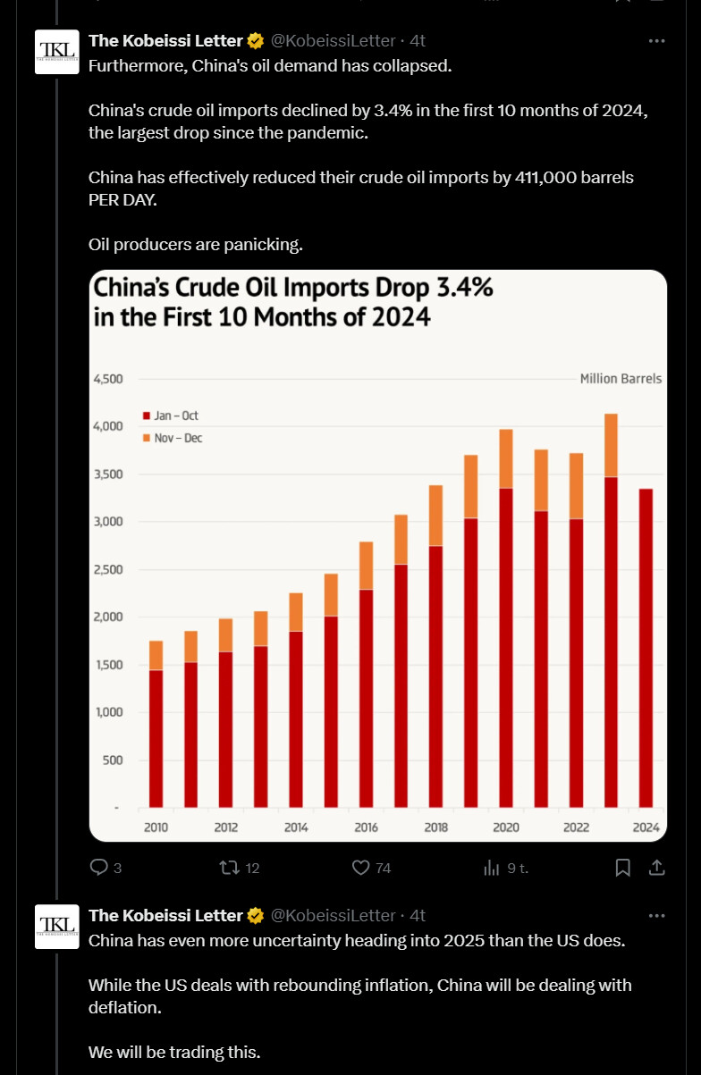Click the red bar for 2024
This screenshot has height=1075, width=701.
pyautogui.click(x=646, y=648)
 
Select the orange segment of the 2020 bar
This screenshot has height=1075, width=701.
pyautogui.click(x=506, y=458)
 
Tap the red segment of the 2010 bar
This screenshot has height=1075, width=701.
pyautogui.click(x=156, y=738)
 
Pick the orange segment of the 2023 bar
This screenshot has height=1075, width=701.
pyautogui.click(x=611, y=445)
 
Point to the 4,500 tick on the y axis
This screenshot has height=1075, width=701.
pyautogui.click(x=107, y=379)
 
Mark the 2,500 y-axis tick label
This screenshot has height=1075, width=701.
pyautogui.click(x=107, y=569)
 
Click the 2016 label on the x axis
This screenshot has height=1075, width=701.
pyautogui.click(x=366, y=827)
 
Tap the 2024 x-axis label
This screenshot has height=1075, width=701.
pyautogui.click(x=646, y=827)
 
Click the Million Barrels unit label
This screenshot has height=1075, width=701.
pyautogui.click(x=621, y=379)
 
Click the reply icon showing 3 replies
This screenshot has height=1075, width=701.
pyautogui.click(x=99, y=867)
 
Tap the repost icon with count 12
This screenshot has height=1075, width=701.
pyautogui.click(x=228, y=867)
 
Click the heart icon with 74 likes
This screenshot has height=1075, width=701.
pyautogui.click(x=361, y=867)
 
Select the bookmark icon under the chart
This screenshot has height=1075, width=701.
pyautogui.click(x=623, y=867)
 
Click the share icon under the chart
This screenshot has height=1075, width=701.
pyautogui.click(x=656, y=867)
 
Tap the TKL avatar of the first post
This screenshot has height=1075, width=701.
pyautogui.click(x=56, y=52)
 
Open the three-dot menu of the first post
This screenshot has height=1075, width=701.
pyautogui.click(x=657, y=40)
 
